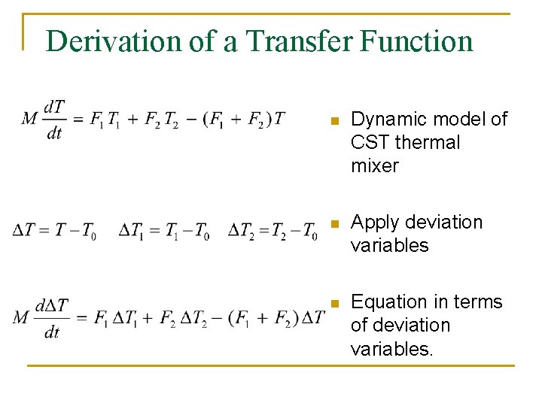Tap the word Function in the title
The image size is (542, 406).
[416, 41]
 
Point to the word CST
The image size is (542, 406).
[368, 143]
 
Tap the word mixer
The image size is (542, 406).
[374, 166]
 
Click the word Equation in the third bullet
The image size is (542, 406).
[385, 302]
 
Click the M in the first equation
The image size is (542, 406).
[30, 118]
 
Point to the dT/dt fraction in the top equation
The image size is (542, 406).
[54, 119]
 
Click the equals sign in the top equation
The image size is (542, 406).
[77, 118]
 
